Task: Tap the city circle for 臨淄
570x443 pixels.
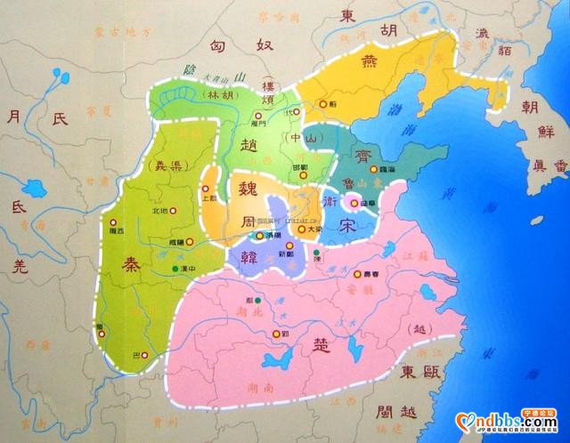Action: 371,166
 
